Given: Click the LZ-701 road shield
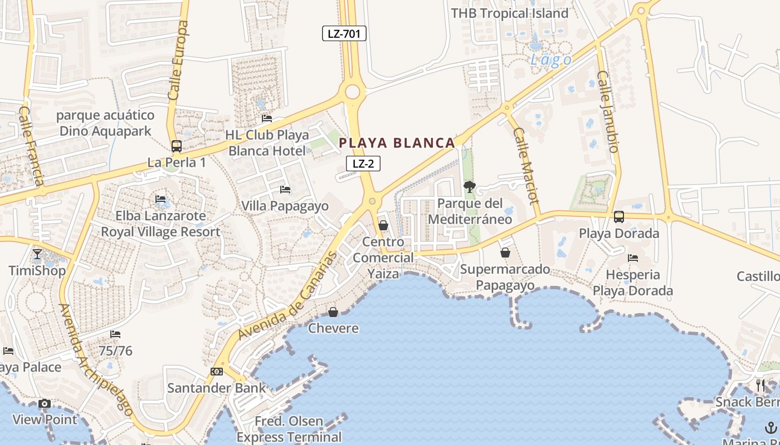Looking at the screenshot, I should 344,33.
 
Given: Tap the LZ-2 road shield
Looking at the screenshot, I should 363,164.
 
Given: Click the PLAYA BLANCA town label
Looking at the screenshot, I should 397,143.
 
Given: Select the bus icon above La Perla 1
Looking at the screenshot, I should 177,146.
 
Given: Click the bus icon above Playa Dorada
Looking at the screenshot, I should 618,217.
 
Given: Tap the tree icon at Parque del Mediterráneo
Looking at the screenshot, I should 469,186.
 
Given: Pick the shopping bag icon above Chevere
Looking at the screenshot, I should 333,312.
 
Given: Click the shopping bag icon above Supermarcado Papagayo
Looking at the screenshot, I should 505,253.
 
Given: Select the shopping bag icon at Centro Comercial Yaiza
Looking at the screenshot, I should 383,225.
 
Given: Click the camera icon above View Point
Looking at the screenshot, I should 45,404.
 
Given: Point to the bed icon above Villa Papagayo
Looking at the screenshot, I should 285,190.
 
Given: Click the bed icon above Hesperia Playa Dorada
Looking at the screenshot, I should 633,258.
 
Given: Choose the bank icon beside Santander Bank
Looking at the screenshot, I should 217,372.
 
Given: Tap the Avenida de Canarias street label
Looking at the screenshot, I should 287,296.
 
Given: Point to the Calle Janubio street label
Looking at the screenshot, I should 608,111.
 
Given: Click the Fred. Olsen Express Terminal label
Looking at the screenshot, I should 289,429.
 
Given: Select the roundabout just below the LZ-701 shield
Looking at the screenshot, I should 352,92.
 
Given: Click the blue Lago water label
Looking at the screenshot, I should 550,60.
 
